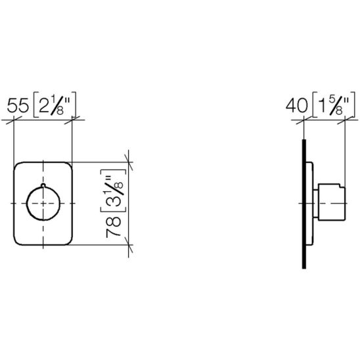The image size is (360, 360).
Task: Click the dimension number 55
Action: [18, 106]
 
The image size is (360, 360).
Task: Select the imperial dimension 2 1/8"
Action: [55, 105]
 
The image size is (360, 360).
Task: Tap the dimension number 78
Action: [114, 227]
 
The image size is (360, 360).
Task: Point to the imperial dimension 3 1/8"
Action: [114, 191]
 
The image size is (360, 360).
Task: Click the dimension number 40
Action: [297, 106]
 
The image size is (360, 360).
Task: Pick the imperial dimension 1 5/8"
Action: [334, 105]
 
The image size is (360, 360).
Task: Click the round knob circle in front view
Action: [43, 203]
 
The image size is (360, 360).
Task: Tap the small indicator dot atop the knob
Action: [43, 185]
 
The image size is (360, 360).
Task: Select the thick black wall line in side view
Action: [304, 204]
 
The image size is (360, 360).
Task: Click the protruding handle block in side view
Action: [332, 202]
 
